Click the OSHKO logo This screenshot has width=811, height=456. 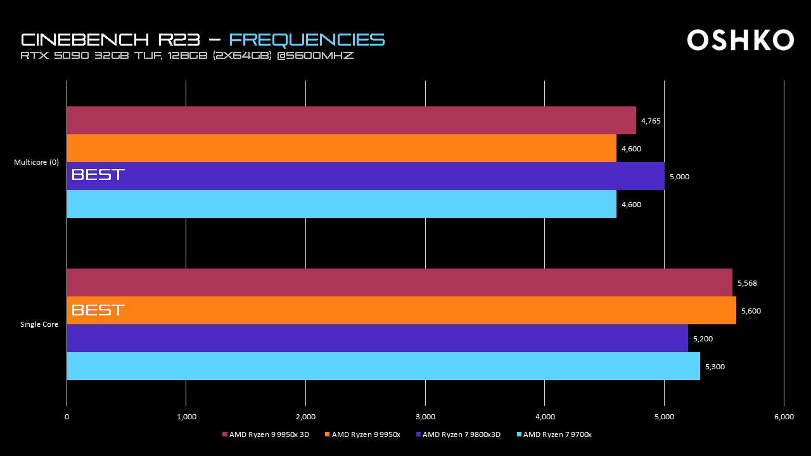tap(740, 40)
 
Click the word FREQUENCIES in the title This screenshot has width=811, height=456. tap(307, 39)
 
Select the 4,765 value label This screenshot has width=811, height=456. tap(651, 121)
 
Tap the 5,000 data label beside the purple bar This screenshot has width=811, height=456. tap(679, 177)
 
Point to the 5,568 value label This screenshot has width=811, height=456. tap(747, 283)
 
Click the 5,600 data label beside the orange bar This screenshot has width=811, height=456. tap(751, 311)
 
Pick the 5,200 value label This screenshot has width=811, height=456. tap(703, 339)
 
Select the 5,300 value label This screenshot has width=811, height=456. tap(715, 367)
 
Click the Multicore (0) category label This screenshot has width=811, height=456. tap(36, 162)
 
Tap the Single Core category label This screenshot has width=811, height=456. tap(39, 324)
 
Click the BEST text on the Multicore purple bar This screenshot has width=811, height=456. tap(98, 174)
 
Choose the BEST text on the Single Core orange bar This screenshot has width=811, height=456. tap(98, 310)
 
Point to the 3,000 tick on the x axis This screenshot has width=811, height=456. tap(425, 417)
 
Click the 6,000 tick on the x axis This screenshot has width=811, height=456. tap(784, 417)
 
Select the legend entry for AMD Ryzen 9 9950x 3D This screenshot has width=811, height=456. tap(265, 434)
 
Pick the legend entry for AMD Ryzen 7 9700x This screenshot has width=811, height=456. tap(554, 434)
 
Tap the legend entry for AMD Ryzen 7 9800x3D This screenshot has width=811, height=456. tap(459, 434)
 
